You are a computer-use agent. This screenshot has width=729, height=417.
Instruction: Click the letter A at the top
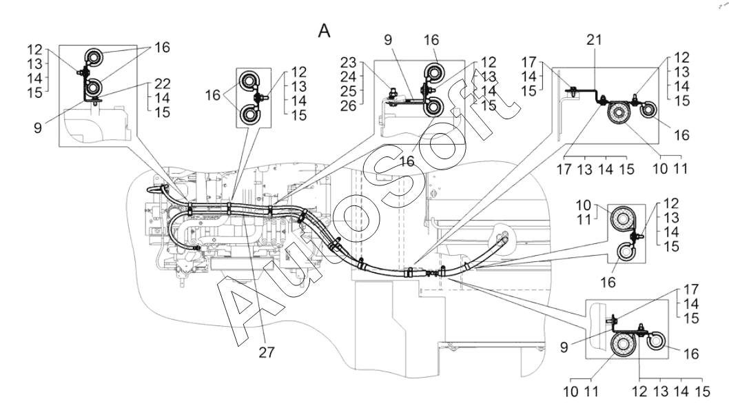tap(324, 31)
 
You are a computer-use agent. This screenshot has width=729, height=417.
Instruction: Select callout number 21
tap(594, 41)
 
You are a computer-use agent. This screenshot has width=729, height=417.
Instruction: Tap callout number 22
tap(162, 83)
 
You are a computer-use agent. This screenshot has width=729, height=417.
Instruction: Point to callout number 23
tap(348, 62)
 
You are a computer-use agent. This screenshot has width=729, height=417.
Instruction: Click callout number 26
tap(348, 106)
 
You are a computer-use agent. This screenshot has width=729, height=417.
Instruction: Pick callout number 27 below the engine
tap(267, 352)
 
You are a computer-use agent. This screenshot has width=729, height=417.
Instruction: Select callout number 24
tap(348, 77)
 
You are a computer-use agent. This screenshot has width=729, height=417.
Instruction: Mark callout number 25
tap(348, 91)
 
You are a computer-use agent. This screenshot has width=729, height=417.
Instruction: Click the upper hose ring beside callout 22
tap(95, 58)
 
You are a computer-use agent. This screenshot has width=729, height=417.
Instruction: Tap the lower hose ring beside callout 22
tap(95, 87)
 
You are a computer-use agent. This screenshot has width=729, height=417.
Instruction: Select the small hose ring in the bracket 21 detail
tap(648, 110)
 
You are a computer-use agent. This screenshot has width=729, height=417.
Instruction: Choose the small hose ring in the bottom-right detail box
tap(657, 342)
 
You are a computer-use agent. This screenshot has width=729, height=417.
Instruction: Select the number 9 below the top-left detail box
tap(38, 128)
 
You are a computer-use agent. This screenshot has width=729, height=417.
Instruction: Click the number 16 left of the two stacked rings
tap(212, 95)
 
